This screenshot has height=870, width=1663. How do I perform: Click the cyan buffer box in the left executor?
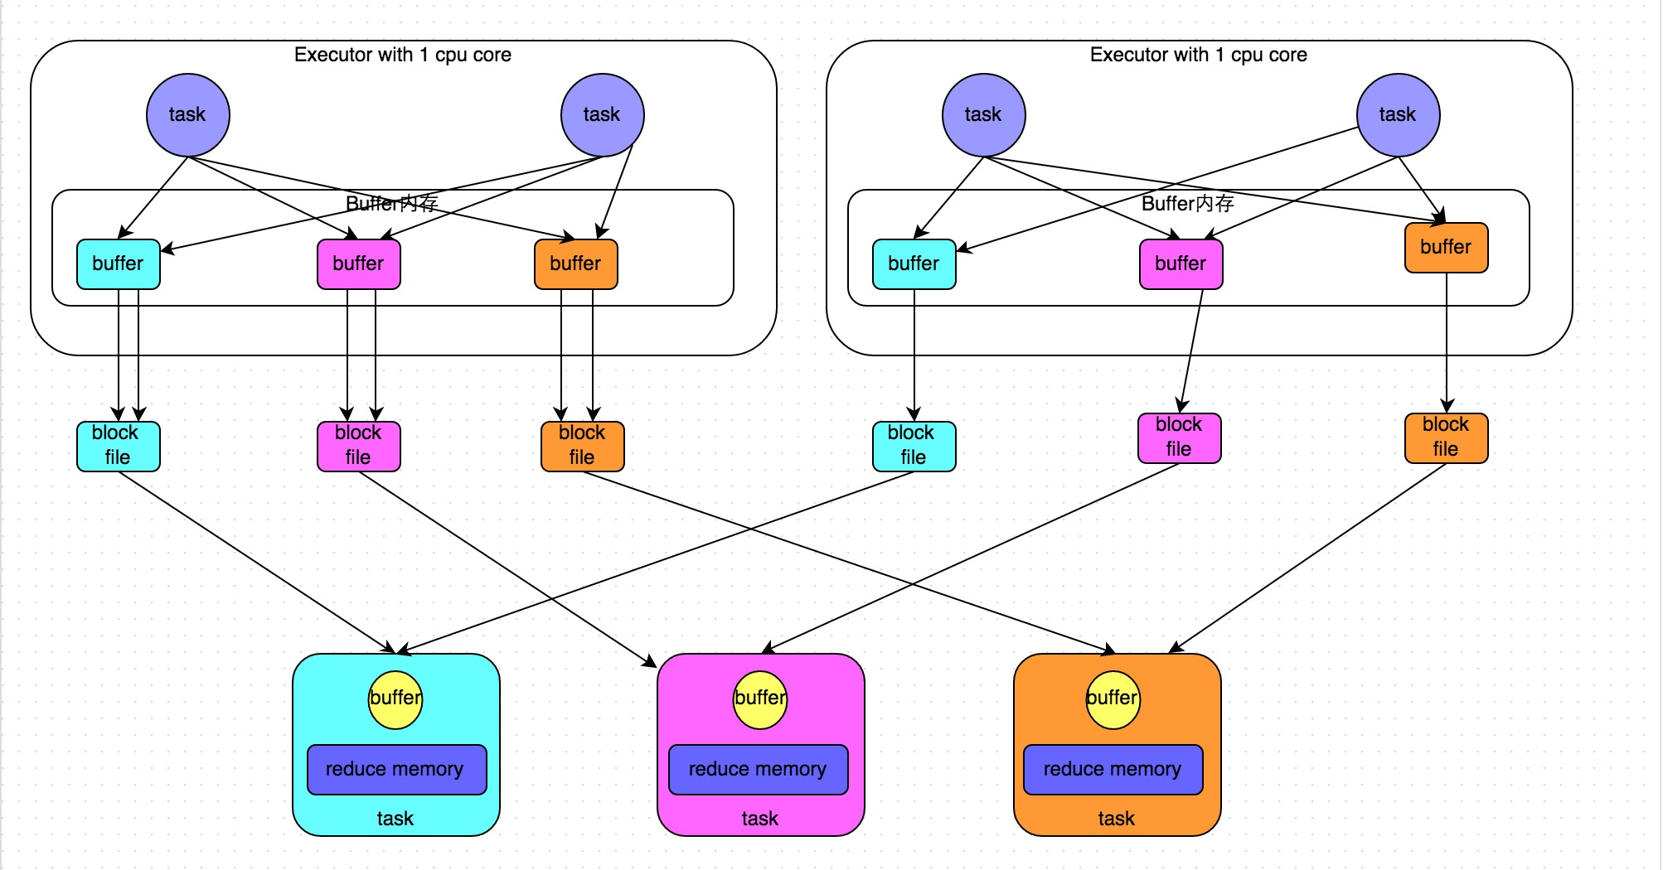pos(118,263)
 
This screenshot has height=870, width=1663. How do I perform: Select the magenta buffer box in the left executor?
pos(358,263)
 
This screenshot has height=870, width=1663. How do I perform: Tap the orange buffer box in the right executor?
pos(1446,247)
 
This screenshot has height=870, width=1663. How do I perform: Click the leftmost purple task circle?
pos(187,114)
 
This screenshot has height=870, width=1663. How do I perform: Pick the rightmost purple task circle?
pos(1398,114)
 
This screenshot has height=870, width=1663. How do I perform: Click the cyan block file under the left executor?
pos(118,446)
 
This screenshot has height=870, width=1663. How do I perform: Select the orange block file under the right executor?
pos(1446,437)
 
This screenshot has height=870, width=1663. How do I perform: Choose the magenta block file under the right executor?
pos(1179,437)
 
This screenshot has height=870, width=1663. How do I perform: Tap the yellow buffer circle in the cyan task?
pos(395,698)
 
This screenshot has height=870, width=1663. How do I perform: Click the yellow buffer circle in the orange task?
pos(1113,698)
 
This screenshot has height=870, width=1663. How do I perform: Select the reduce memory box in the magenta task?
pos(758,769)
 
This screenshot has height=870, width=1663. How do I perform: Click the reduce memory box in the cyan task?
pos(395,769)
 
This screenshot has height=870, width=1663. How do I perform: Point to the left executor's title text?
pos(403,55)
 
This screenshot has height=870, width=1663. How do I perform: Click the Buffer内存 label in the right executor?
pos(1187,203)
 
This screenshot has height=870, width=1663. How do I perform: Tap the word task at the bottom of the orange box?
pos(1116,819)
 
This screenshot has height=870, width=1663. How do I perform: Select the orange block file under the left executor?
pos(582,446)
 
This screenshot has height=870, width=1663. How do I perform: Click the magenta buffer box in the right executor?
pos(1181,263)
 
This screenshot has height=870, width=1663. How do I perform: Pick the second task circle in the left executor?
pos(602,114)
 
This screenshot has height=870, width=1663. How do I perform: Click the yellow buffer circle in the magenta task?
pos(760,698)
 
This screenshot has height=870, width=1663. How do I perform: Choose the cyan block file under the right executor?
pos(914,446)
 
